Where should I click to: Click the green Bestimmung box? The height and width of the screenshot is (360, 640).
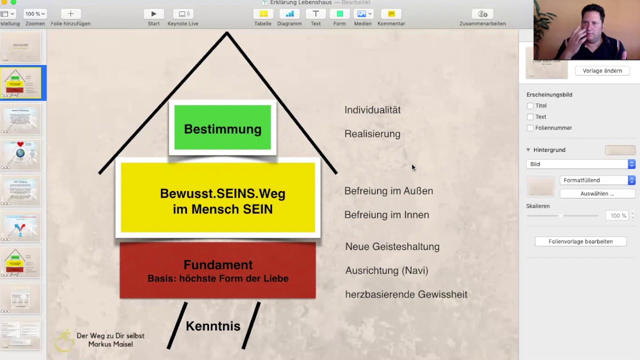click(x=222, y=127)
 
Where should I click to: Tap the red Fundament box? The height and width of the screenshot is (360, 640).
click(x=217, y=270)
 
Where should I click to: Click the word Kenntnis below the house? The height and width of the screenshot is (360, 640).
click(x=213, y=326)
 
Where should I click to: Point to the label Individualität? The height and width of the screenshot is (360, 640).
click(x=372, y=110)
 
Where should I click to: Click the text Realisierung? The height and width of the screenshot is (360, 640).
click(x=372, y=134)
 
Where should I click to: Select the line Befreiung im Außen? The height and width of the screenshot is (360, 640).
click(x=388, y=191)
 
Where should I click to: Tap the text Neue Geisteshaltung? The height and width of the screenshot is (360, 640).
click(x=392, y=246)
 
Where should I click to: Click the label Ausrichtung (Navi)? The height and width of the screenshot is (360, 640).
click(x=386, y=270)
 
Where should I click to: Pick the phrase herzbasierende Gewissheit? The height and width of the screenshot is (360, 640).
click(x=406, y=294)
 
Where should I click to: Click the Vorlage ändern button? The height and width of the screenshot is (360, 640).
click(x=602, y=71)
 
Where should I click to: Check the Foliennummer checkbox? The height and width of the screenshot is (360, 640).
click(x=530, y=128)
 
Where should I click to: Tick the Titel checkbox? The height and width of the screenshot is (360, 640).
click(x=530, y=106)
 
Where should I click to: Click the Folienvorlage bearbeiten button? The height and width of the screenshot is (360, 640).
click(x=580, y=241)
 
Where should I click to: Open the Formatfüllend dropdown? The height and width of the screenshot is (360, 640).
click(x=597, y=180)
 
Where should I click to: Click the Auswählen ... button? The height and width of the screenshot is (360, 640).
click(x=597, y=193)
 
